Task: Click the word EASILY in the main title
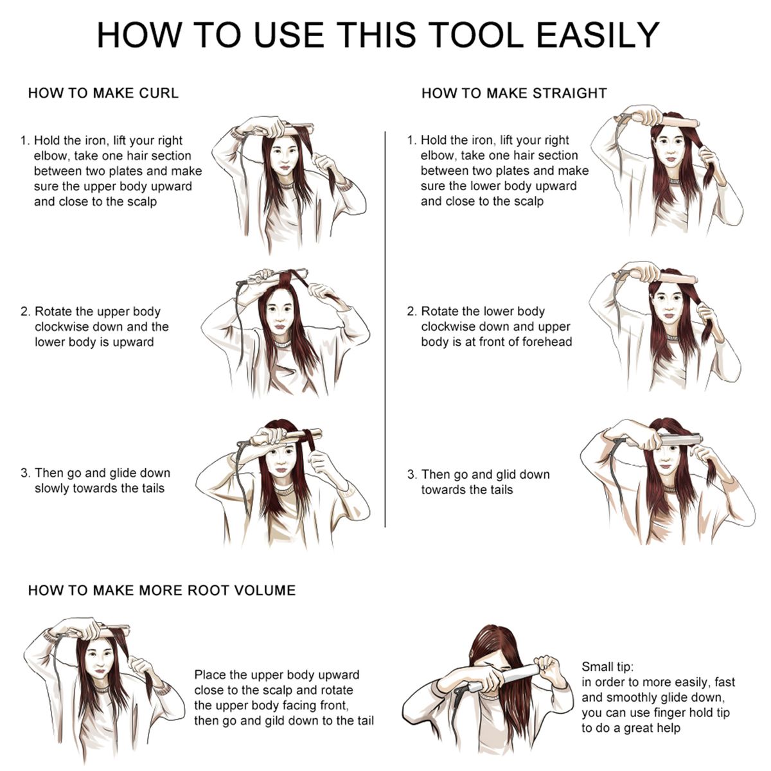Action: click(598, 35)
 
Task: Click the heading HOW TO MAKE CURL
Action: click(103, 93)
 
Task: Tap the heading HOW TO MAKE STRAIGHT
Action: click(514, 93)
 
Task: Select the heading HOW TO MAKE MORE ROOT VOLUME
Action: click(162, 590)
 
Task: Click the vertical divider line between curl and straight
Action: click(385, 329)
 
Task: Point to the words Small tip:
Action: click(607, 666)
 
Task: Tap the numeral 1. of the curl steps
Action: click(25, 141)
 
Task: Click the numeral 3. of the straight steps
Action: click(412, 475)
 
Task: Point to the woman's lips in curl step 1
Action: click(285, 168)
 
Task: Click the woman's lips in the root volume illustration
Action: click(100, 671)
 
